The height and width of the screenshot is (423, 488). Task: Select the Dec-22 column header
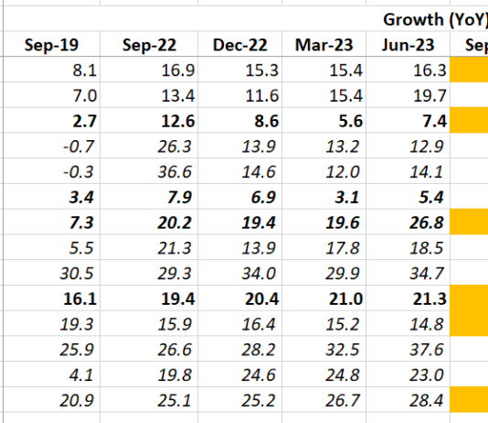241,45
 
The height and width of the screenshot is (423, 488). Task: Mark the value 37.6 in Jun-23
428,349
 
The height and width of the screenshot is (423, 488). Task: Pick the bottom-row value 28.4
428,399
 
